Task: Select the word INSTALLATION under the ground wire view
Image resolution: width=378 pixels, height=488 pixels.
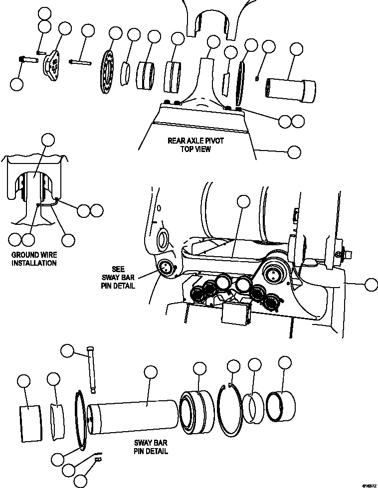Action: click(33, 263)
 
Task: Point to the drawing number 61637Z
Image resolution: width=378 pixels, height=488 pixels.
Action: click(369, 484)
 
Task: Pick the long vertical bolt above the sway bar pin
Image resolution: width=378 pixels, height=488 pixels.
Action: click(91, 369)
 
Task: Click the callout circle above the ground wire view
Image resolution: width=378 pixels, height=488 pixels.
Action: click(48, 140)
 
